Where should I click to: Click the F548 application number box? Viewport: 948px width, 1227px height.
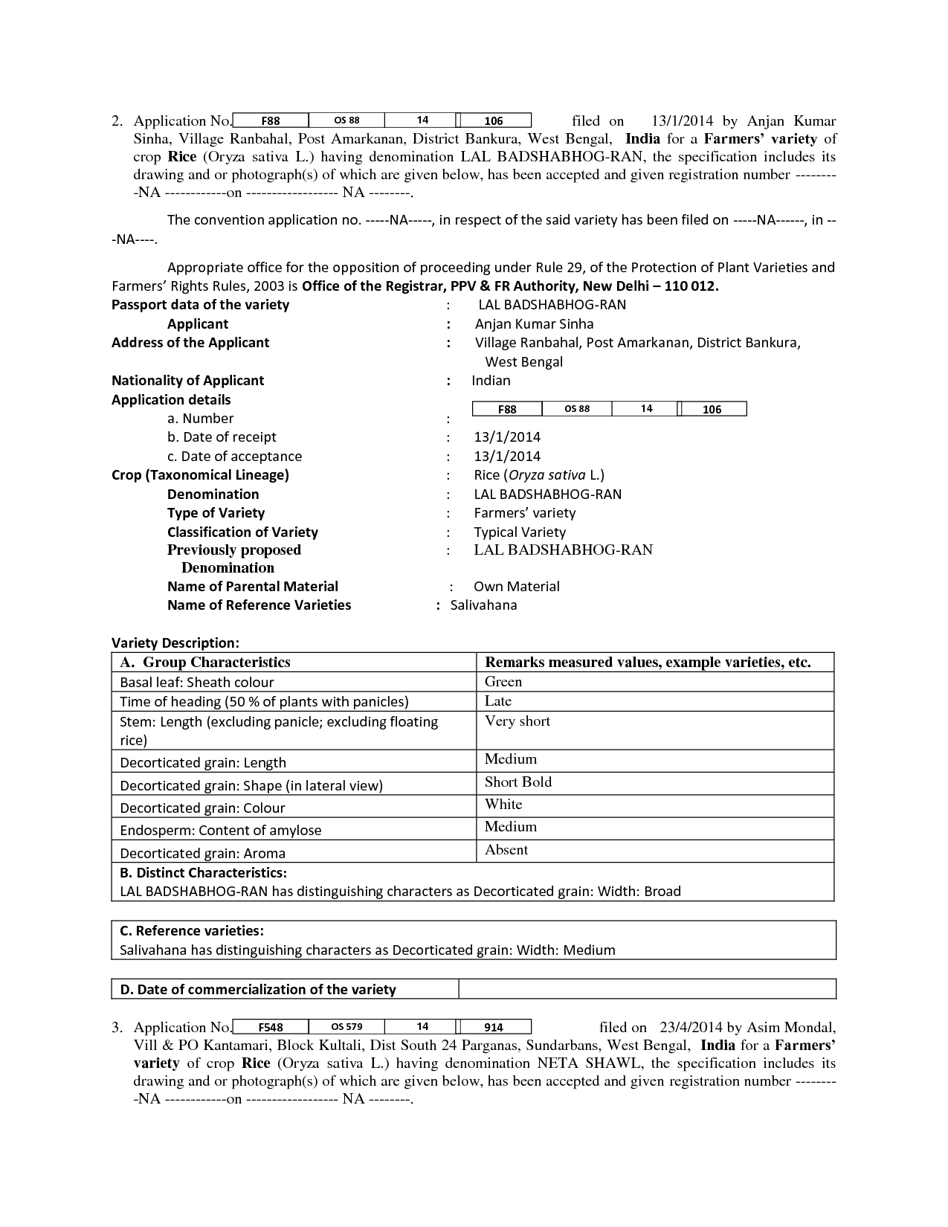[x=270, y=1027]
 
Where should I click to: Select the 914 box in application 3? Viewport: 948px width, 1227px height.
[x=494, y=1027]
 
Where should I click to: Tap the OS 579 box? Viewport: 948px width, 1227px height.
[x=346, y=1026]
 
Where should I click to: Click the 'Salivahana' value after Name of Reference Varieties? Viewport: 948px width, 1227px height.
[x=483, y=605]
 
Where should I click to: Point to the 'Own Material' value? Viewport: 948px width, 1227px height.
[x=516, y=586]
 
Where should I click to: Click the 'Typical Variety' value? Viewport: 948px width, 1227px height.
[x=519, y=532]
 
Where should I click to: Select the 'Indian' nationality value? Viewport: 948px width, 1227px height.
[x=491, y=380]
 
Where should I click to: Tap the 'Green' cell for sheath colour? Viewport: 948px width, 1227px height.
[x=503, y=681]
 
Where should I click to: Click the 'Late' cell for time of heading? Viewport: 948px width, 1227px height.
[x=498, y=701]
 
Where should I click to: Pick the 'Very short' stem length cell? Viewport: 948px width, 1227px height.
[x=517, y=721]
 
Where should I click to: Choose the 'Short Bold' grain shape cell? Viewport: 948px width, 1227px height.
[x=518, y=782]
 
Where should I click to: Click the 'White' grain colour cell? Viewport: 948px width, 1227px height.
[x=503, y=804]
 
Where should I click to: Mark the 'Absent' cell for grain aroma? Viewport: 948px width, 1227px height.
[x=506, y=849]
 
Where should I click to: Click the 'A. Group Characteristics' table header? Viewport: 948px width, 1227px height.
[x=205, y=662]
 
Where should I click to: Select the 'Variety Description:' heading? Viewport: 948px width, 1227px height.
[x=175, y=643]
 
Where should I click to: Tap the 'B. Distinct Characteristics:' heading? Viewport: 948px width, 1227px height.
[x=203, y=872]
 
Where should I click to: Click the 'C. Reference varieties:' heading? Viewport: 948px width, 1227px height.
[x=192, y=930]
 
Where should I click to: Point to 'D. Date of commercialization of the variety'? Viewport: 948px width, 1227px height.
[x=257, y=989]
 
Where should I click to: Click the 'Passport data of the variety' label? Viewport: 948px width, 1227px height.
[x=200, y=304]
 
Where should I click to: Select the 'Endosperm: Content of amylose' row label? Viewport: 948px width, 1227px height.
[x=221, y=830]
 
